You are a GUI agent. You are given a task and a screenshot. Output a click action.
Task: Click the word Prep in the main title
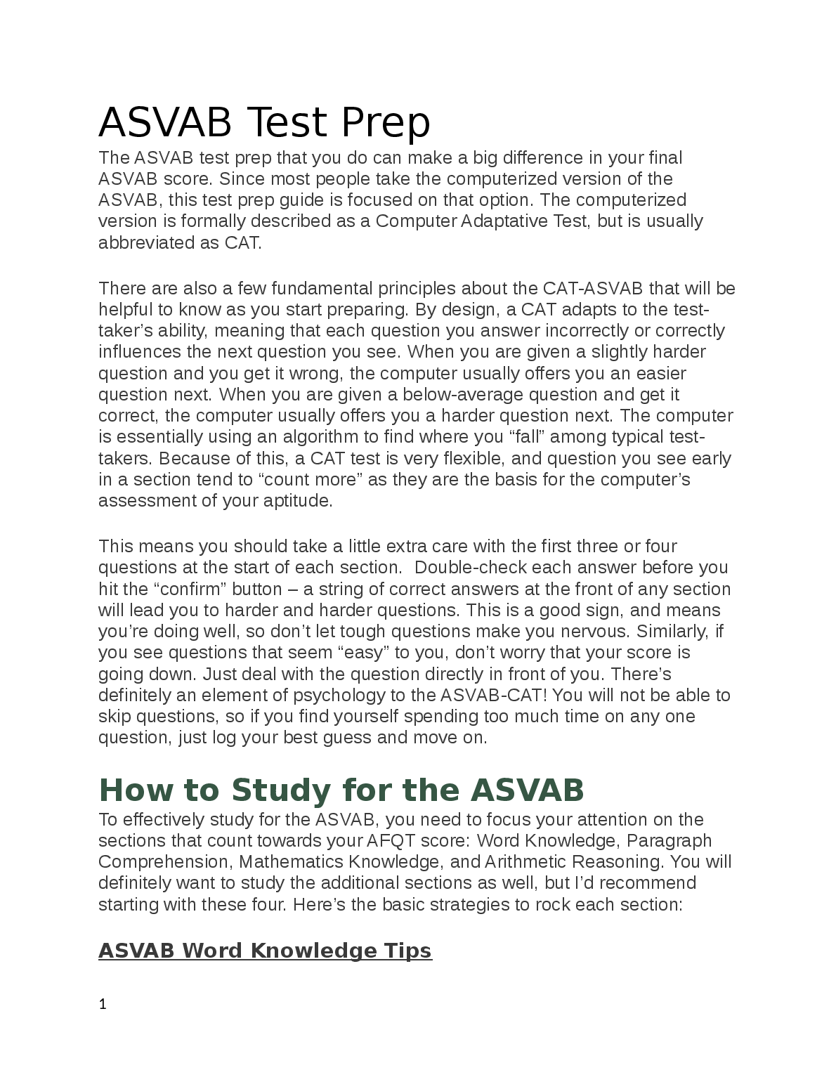pos(386,123)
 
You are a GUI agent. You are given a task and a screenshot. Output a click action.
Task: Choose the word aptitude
pos(296,501)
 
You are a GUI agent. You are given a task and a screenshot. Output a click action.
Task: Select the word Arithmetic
pos(525,862)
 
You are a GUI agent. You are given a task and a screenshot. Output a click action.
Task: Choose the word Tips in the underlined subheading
pos(407,951)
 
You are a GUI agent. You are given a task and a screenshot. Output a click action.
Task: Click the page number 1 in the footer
pos(103,1005)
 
